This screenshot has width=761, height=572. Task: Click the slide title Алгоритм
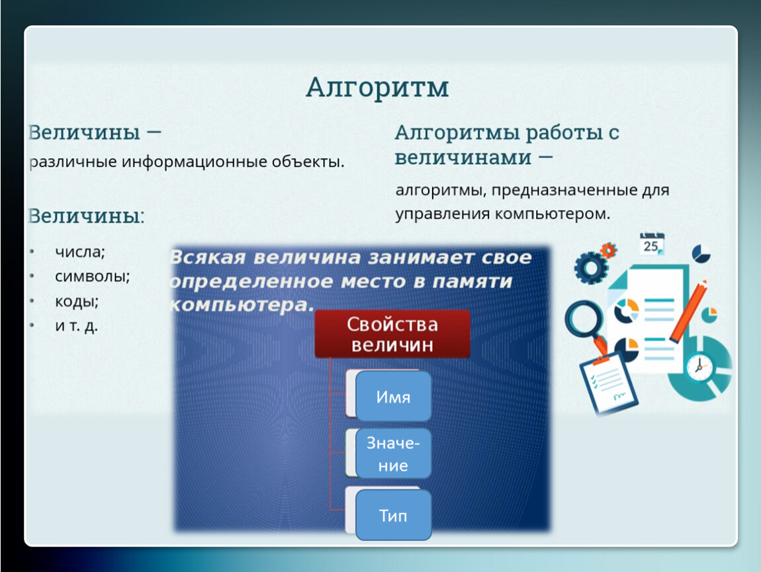tap(377, 88)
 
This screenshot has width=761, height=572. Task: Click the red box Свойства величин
tap(392, 334)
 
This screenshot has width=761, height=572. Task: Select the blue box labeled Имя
tap(393, 396)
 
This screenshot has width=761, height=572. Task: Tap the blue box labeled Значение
tap(393, 453)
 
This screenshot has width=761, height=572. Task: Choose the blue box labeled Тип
tap(393, 514)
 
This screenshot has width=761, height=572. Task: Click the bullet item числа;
tap(79, 252)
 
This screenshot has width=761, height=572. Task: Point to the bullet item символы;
tap(92, 276)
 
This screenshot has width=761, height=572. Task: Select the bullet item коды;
tap(77, 301)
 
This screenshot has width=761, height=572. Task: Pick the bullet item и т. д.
tap(76, 326)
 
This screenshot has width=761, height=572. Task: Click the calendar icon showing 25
tap(651, 244)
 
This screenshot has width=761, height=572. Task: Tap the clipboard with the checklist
tap(609, 383)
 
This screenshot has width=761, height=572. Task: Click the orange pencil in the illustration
tap(688, 310)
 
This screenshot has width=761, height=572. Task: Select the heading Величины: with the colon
tap(87, 216)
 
